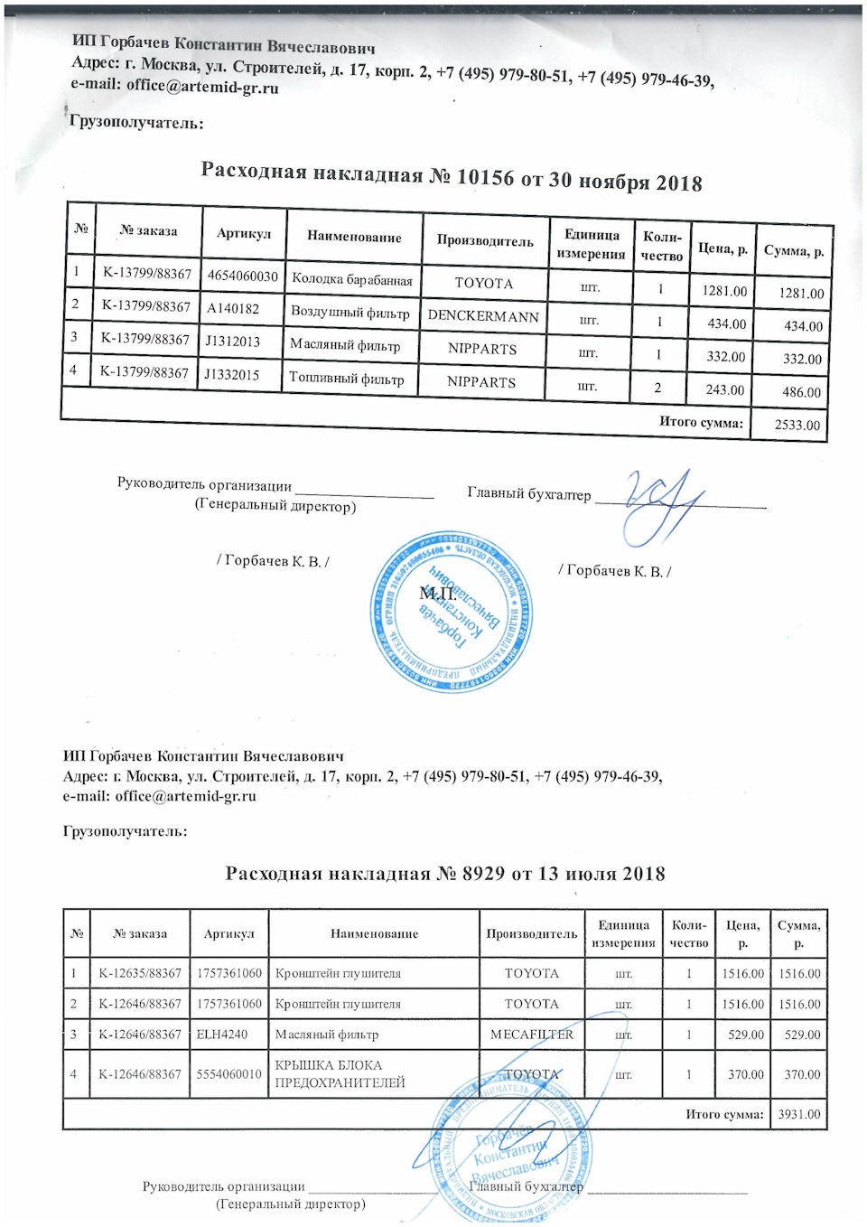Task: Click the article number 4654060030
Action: pyautogui.click(x=242, y=276)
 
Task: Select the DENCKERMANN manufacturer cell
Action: pyautogui.click(x=483, y=316)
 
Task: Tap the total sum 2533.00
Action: pyautogui.click(x=797, y=425)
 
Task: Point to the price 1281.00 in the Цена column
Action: pyautogui.click(x=724, y=291)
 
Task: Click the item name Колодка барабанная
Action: pyautogui.click(x=352, y=279)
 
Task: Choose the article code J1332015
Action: pyautogui.click(x=231, y=374)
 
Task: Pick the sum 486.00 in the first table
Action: pyautogui.click(x=802, y=392)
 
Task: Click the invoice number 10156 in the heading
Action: pyautogui.click(x=485, y=177)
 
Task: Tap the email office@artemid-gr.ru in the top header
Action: pyautogui.click(x=202, y=87)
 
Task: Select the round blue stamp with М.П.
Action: pyautogui.click(x=452, y=613)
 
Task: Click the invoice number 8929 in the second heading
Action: pyautogui.click(x=483, y=874)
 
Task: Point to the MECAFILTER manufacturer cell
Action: pyautogui.click(x=531, y=1035)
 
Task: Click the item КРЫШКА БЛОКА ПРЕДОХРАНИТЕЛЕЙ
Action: pyautogui.click(x=340, y=1073)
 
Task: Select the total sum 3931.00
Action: pyautogui.click(x=799, y=1114)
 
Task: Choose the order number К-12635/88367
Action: pyautogui.click(x=140, y=973)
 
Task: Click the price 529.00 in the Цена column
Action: pyautogui.click(x=745, y=1035)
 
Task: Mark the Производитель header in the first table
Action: pyautogui.click(x=485, y=240)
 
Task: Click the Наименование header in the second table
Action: pyautogui.click(x=374, y=933)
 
